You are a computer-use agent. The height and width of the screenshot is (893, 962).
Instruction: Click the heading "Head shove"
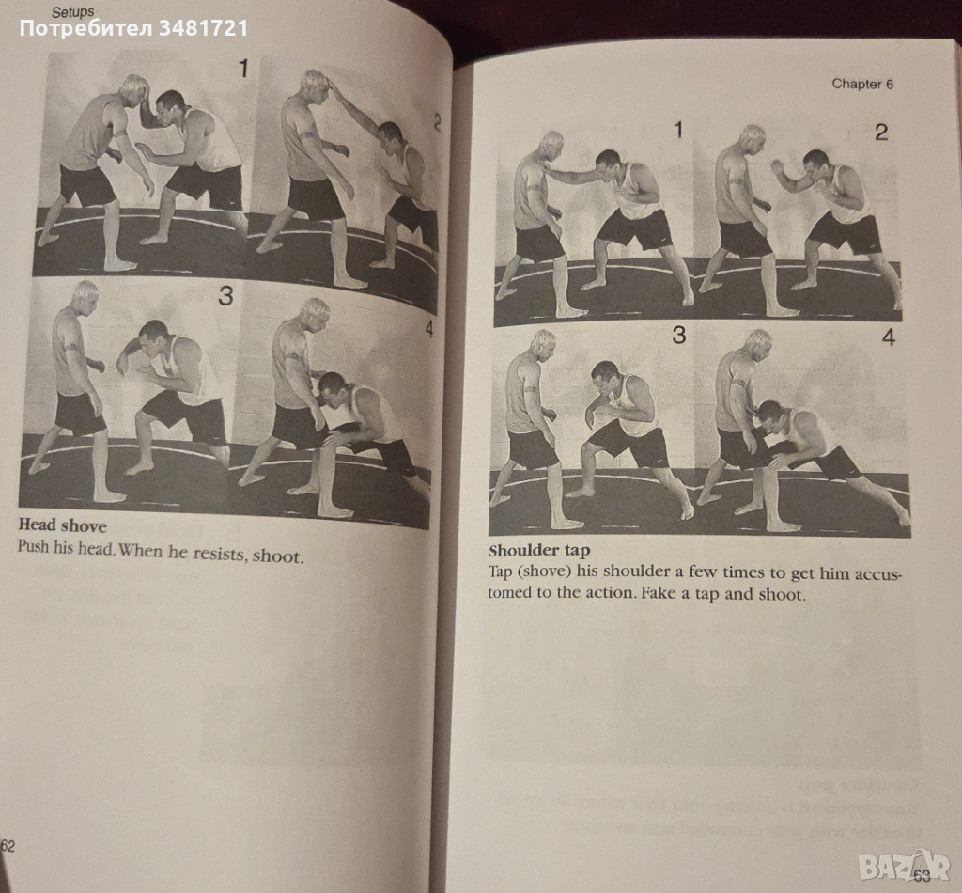62,525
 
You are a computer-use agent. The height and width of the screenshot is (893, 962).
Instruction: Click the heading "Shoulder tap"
538,551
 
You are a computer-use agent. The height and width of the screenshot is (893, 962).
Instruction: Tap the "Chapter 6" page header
862,84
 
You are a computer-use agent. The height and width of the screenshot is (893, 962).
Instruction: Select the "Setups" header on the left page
73,11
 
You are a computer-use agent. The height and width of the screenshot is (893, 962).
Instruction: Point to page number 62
8,846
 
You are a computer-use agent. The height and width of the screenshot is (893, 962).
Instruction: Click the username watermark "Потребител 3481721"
133,28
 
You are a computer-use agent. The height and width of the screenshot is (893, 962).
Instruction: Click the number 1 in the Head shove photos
243,68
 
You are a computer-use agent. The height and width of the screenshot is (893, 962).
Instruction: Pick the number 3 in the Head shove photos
225,296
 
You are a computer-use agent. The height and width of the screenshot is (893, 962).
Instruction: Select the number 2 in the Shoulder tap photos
881,132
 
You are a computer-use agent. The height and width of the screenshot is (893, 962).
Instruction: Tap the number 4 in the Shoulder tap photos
889,337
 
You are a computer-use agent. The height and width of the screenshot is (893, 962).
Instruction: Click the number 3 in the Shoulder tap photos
678,335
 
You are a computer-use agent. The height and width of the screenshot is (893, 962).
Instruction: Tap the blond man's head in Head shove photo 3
85,297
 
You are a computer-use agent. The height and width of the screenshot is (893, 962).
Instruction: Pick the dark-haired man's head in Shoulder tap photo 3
605,376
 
